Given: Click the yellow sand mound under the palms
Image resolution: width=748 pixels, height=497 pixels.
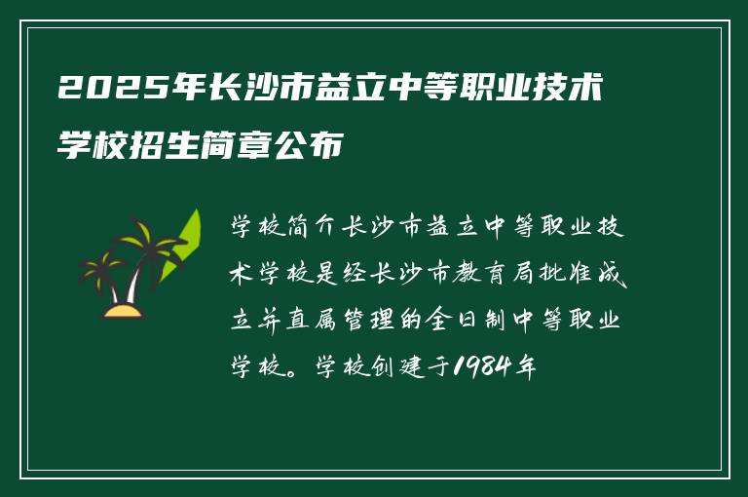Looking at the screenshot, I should (123, 311).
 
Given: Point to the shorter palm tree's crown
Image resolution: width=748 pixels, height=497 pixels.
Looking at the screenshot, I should (99, 264).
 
